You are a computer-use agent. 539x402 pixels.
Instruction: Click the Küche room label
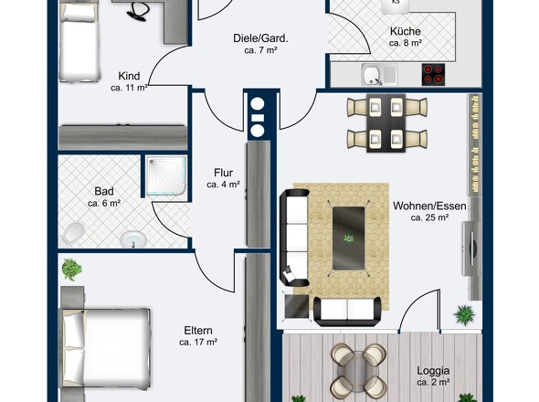(406, 31)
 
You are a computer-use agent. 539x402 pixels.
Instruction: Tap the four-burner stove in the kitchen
(433, 75)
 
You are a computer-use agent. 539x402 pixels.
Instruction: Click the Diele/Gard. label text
(260, 38)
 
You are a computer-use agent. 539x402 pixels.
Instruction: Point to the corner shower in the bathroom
(166, 175)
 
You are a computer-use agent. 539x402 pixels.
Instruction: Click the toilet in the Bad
(73, 233)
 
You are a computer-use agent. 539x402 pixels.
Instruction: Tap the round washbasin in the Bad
(133, 238)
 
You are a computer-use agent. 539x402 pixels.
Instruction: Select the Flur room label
(224, 173)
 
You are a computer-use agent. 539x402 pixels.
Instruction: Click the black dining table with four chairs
(386, 123)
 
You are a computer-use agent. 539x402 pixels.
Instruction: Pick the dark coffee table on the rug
(349, 238)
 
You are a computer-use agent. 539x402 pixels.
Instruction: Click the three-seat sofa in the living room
(294, 238)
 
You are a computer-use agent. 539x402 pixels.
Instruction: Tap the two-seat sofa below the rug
(347, 312)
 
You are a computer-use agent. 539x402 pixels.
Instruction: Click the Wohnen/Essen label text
(429, 206)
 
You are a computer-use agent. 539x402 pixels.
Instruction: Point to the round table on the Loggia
(358, 371)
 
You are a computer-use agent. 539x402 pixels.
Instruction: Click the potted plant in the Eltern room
(72, 269)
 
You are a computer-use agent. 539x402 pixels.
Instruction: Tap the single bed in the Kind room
(79, 41)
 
